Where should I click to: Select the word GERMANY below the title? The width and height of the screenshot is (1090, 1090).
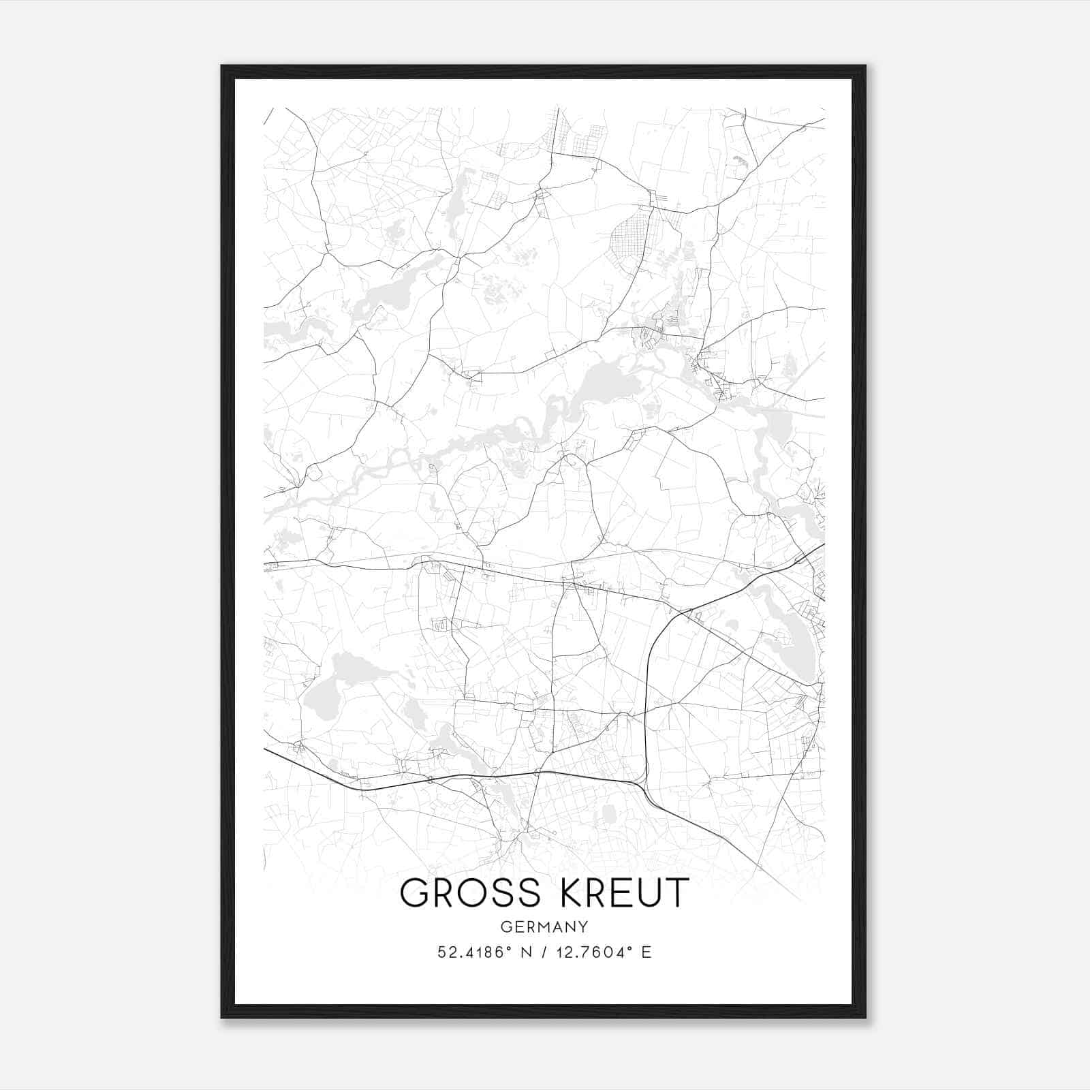pos(544,926)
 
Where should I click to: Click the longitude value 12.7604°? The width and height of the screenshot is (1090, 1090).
pos(591,952)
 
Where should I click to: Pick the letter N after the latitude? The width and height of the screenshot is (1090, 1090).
pos(525,952)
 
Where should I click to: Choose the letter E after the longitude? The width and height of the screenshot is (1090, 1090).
pos(647,952)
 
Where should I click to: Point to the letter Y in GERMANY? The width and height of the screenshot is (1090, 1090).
pos(584,926)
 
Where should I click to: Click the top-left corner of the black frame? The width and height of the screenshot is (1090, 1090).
pos(222,67)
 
